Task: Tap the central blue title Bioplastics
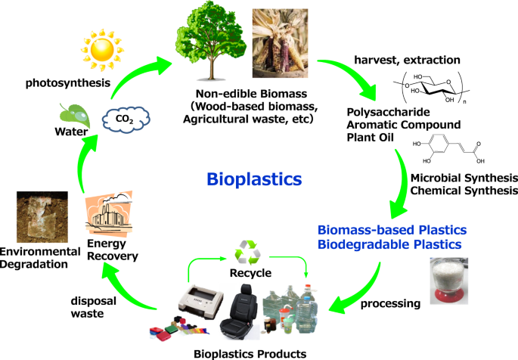(x=255, y=180)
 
